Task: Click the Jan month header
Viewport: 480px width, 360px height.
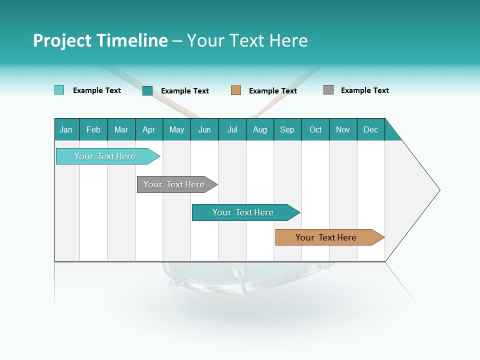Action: pyautogui.click(x=66, y=129)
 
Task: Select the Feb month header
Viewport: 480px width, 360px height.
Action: pyautogui.click(x=93, y=129)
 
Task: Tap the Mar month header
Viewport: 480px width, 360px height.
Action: pyautogui.click(x=121, y=129)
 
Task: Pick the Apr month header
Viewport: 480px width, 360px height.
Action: pyautogui.click(x=149, y=129)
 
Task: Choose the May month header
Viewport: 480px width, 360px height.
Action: pyautogui.click(x=176, y=129)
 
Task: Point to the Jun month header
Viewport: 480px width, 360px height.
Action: pyautogui.click(x=204, y=129)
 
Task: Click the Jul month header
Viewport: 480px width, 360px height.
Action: pyautogui.click(x=232, y=129)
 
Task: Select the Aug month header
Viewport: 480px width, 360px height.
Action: pyautogui.click(x=260, y=129)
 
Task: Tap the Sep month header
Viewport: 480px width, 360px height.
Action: pyautogui.click(x=287, y=129)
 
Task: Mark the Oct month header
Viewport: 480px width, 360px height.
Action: pyautogui.click(x=315, y=129)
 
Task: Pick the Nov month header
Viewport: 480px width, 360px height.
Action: pyautogui.click(x=343, y=129)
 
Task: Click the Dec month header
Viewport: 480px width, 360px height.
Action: pyautogui.click(x=371, y=129)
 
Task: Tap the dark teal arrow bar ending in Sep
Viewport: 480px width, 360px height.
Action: pyautogui.click(x=243, y=212)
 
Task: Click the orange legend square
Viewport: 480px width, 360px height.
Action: pyautogui.click(x=236, y=90)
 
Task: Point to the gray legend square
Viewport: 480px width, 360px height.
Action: pyautogui.click(x=328, y=90)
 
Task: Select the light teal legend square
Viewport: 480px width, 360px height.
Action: pyautogui.click(x=59, y=90)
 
